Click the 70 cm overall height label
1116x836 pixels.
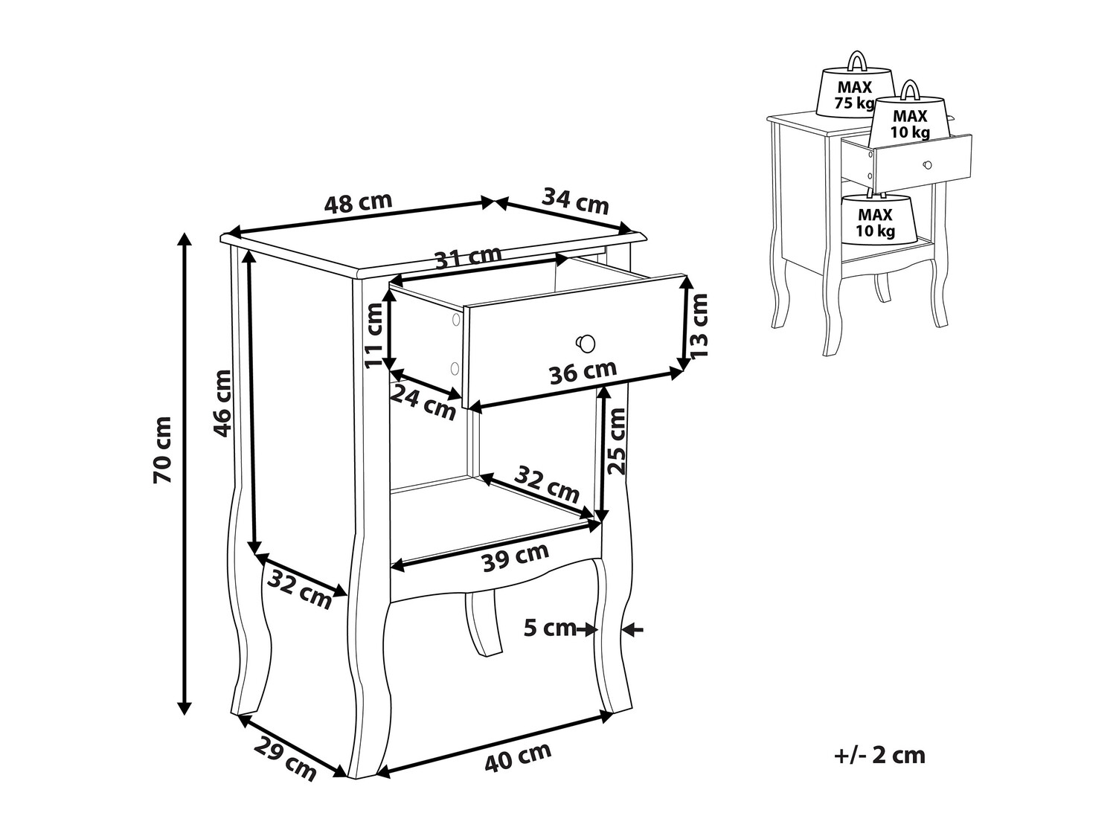pos(162,449)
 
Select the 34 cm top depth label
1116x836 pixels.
pos(575,201)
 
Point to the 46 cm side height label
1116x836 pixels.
pos(222,403)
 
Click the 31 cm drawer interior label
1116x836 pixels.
pos(469,257)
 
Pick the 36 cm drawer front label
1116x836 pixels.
pos(583,371)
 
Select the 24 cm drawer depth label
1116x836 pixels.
pos(423,402)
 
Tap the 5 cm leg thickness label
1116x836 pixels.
pos(550,628)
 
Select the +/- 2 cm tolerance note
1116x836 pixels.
pos(879,769)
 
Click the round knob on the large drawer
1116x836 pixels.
pos(586,343)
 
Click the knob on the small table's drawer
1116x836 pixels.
pos(927,165)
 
